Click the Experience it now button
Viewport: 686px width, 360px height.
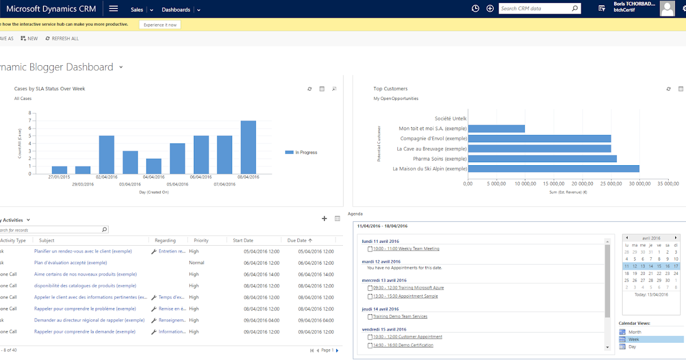160,25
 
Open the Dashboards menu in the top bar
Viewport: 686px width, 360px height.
176,10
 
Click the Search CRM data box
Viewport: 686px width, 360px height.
535,9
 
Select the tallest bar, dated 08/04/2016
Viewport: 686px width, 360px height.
248,147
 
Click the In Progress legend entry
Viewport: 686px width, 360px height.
306,153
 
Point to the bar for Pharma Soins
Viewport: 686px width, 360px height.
543,158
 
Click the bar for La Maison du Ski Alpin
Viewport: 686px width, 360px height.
554,169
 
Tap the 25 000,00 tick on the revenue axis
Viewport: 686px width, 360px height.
611,184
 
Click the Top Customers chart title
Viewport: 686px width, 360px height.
390,89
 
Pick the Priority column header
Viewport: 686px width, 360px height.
201,241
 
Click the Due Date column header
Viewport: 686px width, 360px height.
297,241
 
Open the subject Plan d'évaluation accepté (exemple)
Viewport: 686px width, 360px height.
70,263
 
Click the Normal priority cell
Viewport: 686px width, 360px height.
197,263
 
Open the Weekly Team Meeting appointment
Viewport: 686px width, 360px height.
406,249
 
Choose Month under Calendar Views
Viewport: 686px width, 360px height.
635,332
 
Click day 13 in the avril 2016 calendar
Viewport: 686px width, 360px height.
643,266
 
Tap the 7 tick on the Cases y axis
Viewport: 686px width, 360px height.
30,121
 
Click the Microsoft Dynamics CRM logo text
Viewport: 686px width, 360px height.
51,9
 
